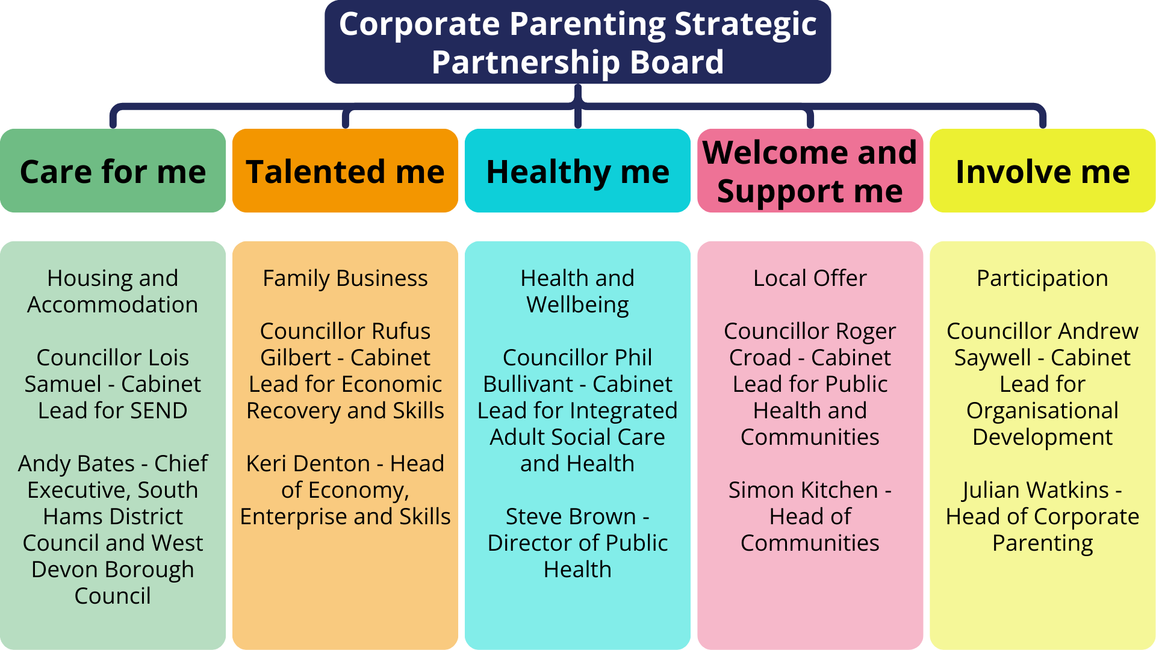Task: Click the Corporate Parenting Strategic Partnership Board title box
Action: [577, 42]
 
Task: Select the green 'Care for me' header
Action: [113, 172]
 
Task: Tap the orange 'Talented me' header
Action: [345, 172]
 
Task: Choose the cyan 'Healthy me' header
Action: [577, 172]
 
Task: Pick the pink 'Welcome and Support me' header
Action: [810, 172]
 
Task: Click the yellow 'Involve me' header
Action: [1042, 172]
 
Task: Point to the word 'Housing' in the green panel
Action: [81, 278]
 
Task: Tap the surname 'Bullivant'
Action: [528, 384]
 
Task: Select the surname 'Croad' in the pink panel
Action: [760, 357]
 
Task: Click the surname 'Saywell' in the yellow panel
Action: [992, 357]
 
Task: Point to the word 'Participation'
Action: [1042, 278]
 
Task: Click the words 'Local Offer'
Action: [810, 278]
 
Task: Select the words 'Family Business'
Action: [345, 278]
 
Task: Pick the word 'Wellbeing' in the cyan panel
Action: [577, 305]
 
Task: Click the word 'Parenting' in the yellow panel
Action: [1042, 543]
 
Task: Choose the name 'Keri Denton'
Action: [308, 463]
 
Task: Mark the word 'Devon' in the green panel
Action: [65, 569]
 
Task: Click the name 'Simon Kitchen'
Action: [803, 490]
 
